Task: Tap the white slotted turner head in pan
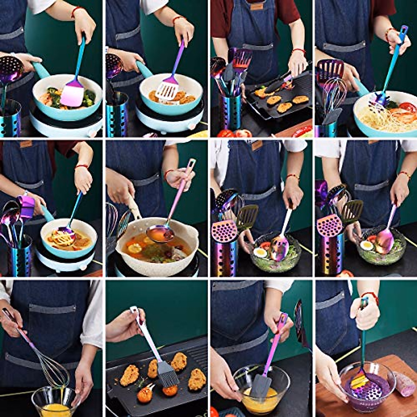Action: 167,90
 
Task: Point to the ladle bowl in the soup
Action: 160,234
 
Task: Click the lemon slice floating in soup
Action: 134,248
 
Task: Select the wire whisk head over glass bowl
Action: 54,372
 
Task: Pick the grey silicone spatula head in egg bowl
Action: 261,386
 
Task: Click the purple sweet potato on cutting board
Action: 404,384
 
